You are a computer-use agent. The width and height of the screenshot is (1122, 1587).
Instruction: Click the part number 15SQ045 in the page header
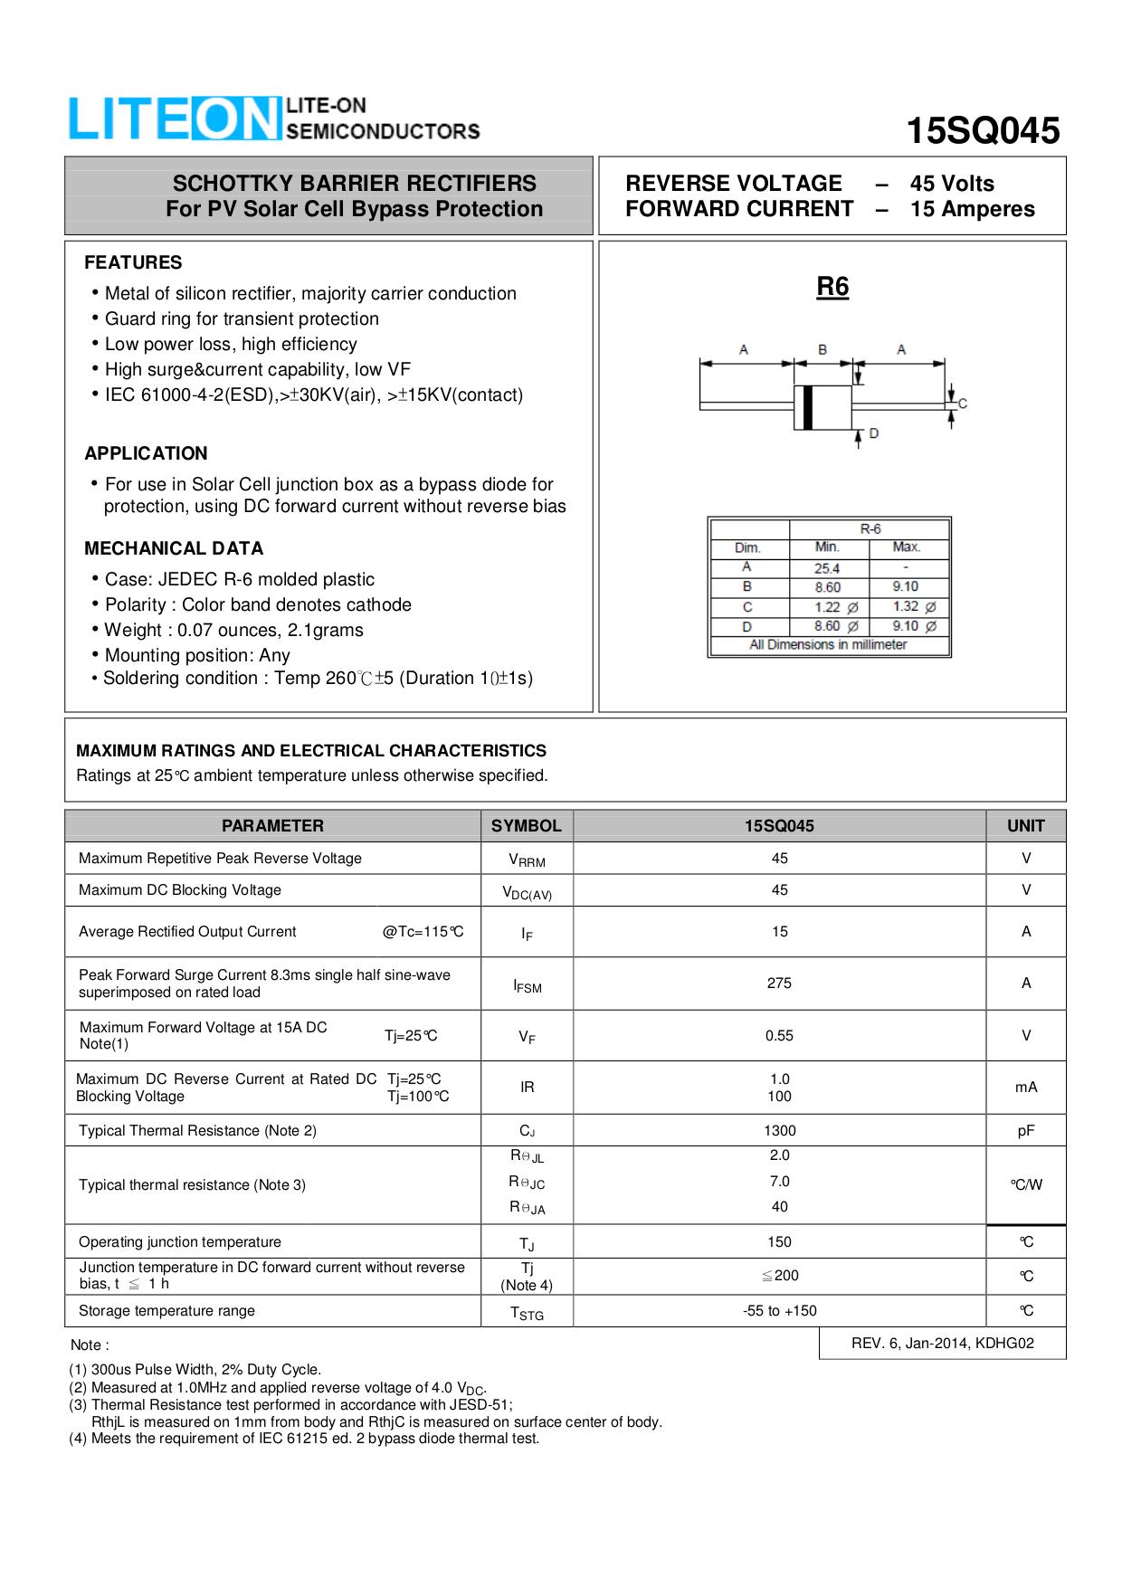[x=983, y=131]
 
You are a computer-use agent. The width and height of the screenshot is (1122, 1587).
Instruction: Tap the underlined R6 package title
[x=832, y=287]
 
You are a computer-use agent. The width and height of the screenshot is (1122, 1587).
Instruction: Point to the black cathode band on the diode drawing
[x=808, y=407]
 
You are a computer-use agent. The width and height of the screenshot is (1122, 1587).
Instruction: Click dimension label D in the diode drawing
[x=874, y=434]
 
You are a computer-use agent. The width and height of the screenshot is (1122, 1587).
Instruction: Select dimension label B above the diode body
[x=822, y=349]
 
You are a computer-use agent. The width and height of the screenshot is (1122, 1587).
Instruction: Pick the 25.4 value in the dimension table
[x=827, y=568]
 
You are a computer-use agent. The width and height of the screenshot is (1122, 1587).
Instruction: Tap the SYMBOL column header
[x=526, y=825]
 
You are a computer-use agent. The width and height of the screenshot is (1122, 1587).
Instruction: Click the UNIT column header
[x=1025, y=825]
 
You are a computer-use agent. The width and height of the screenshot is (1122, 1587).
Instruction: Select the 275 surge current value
[x=779, y=983]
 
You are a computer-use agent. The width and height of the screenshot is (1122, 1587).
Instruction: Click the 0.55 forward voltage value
[x=779, y=1035]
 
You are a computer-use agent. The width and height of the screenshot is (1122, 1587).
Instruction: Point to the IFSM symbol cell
[x=527, y=985]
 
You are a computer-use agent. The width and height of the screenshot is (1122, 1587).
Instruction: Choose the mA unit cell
[x=1025, y=1087]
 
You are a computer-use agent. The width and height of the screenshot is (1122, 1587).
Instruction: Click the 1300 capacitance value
[x=779, y=1130]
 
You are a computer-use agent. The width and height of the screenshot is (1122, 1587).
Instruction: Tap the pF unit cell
[x=1025, y=1130]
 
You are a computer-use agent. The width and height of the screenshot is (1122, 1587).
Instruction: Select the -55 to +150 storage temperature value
[x=779, y=1310]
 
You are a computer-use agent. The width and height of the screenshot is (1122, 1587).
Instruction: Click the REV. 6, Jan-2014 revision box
[x=942, y=1343]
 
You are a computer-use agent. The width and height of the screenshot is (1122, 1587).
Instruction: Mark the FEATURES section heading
[x=133, y=262]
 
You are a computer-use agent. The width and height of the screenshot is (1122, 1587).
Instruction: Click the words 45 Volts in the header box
[x=952, y=184]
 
